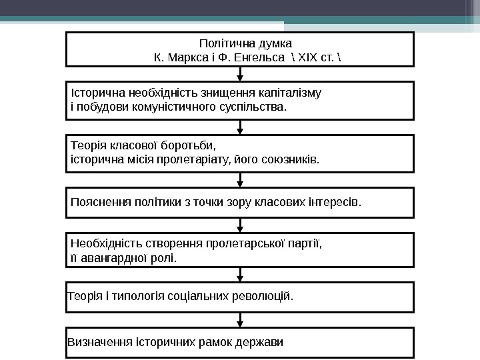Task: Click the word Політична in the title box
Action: coord(222,44)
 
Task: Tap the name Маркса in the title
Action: coord(185,58)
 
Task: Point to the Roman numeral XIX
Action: coord(305,58)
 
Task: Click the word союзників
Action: coord(291,160)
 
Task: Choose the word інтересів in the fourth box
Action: coord(335,202)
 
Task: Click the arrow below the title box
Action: coord(240,74)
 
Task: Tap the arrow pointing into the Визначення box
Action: coord(240,320)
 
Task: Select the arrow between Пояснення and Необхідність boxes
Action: coord(240,225)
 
